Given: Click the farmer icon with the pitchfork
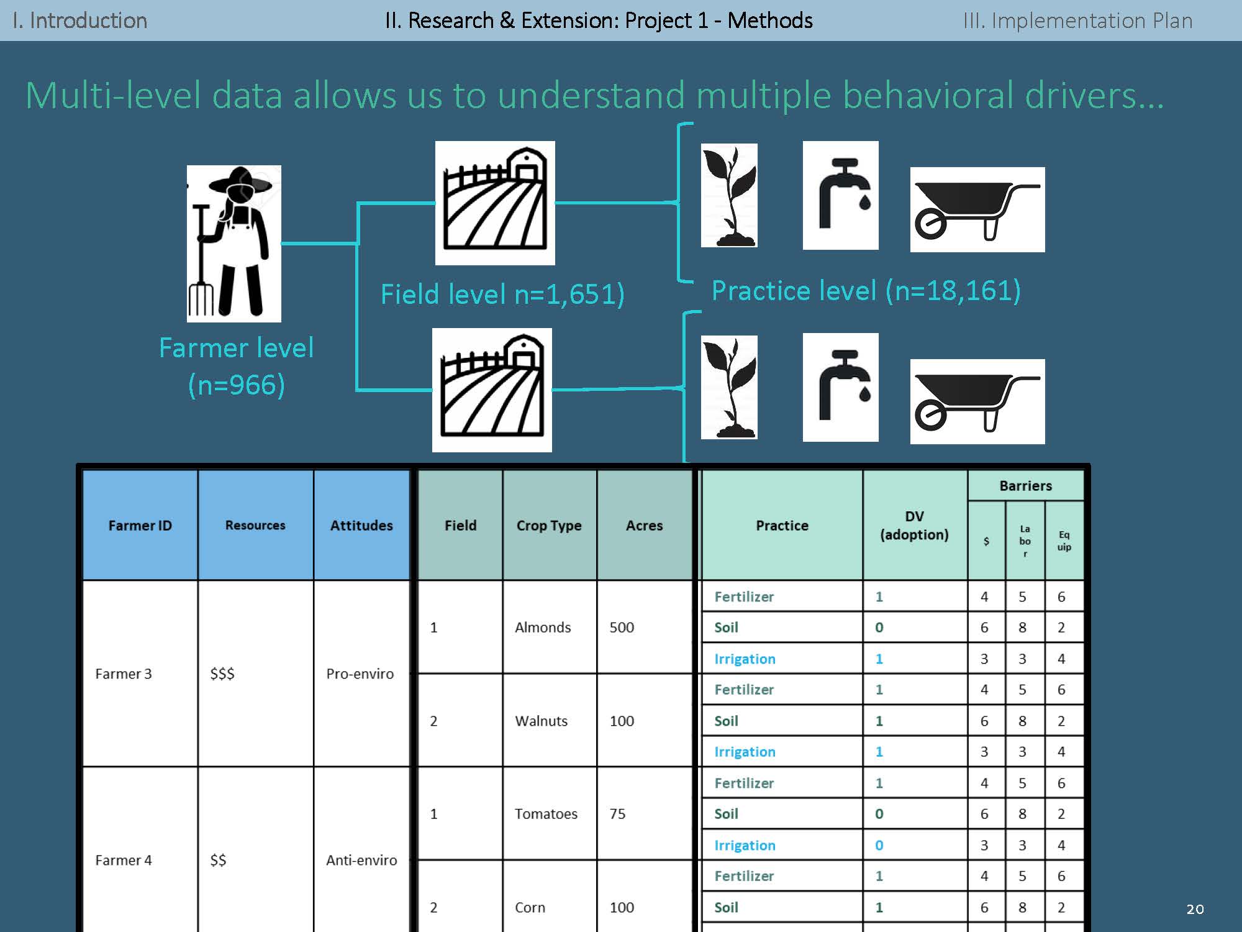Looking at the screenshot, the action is click(x=233, y=243).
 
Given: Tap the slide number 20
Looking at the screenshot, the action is click(x=1195, y=909).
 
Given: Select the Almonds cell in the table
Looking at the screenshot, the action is click(x=543, y=628).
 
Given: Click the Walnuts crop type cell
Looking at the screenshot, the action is click(x=541, y=721).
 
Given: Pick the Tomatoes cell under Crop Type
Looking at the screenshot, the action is click(x=546, y=814).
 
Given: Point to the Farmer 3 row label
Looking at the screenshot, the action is click(x=123, y=674).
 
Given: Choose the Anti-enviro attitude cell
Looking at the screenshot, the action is click(x=361, y=861).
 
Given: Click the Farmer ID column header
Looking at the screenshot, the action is click(x=140, y=526).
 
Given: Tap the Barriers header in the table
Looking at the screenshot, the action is click(x=1025, y=486).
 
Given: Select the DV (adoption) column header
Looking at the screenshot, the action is click(x=914, y=526).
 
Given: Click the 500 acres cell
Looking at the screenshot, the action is click(x=622, y=628).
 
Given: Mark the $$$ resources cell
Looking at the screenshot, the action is click(x=222, y=674).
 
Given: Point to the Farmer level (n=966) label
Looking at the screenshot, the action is click(x=236, y=366).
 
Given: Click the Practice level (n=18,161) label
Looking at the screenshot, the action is click(x=866, y=291).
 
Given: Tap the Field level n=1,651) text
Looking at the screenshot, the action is click(x=502, y=294).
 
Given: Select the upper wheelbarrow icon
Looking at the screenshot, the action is click(x=977, y=210).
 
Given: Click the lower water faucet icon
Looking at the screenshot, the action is click(x=840, y=387).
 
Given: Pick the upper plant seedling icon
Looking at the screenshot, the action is click(x=729, y=195).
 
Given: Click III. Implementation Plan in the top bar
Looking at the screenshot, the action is click(x=1077, y=21).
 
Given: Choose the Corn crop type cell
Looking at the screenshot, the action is click(x=530, y=908).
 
